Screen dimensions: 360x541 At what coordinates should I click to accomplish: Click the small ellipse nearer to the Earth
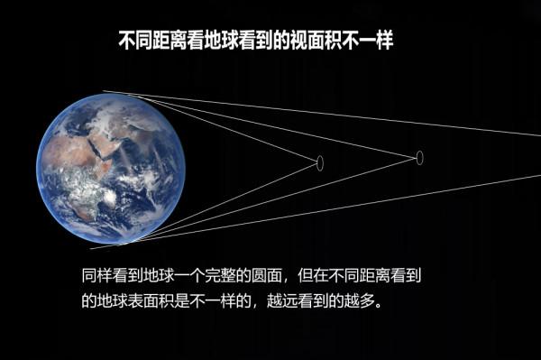[x=320, y=163]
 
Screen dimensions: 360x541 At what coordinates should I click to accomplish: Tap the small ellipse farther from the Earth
[x=419, y=158]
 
